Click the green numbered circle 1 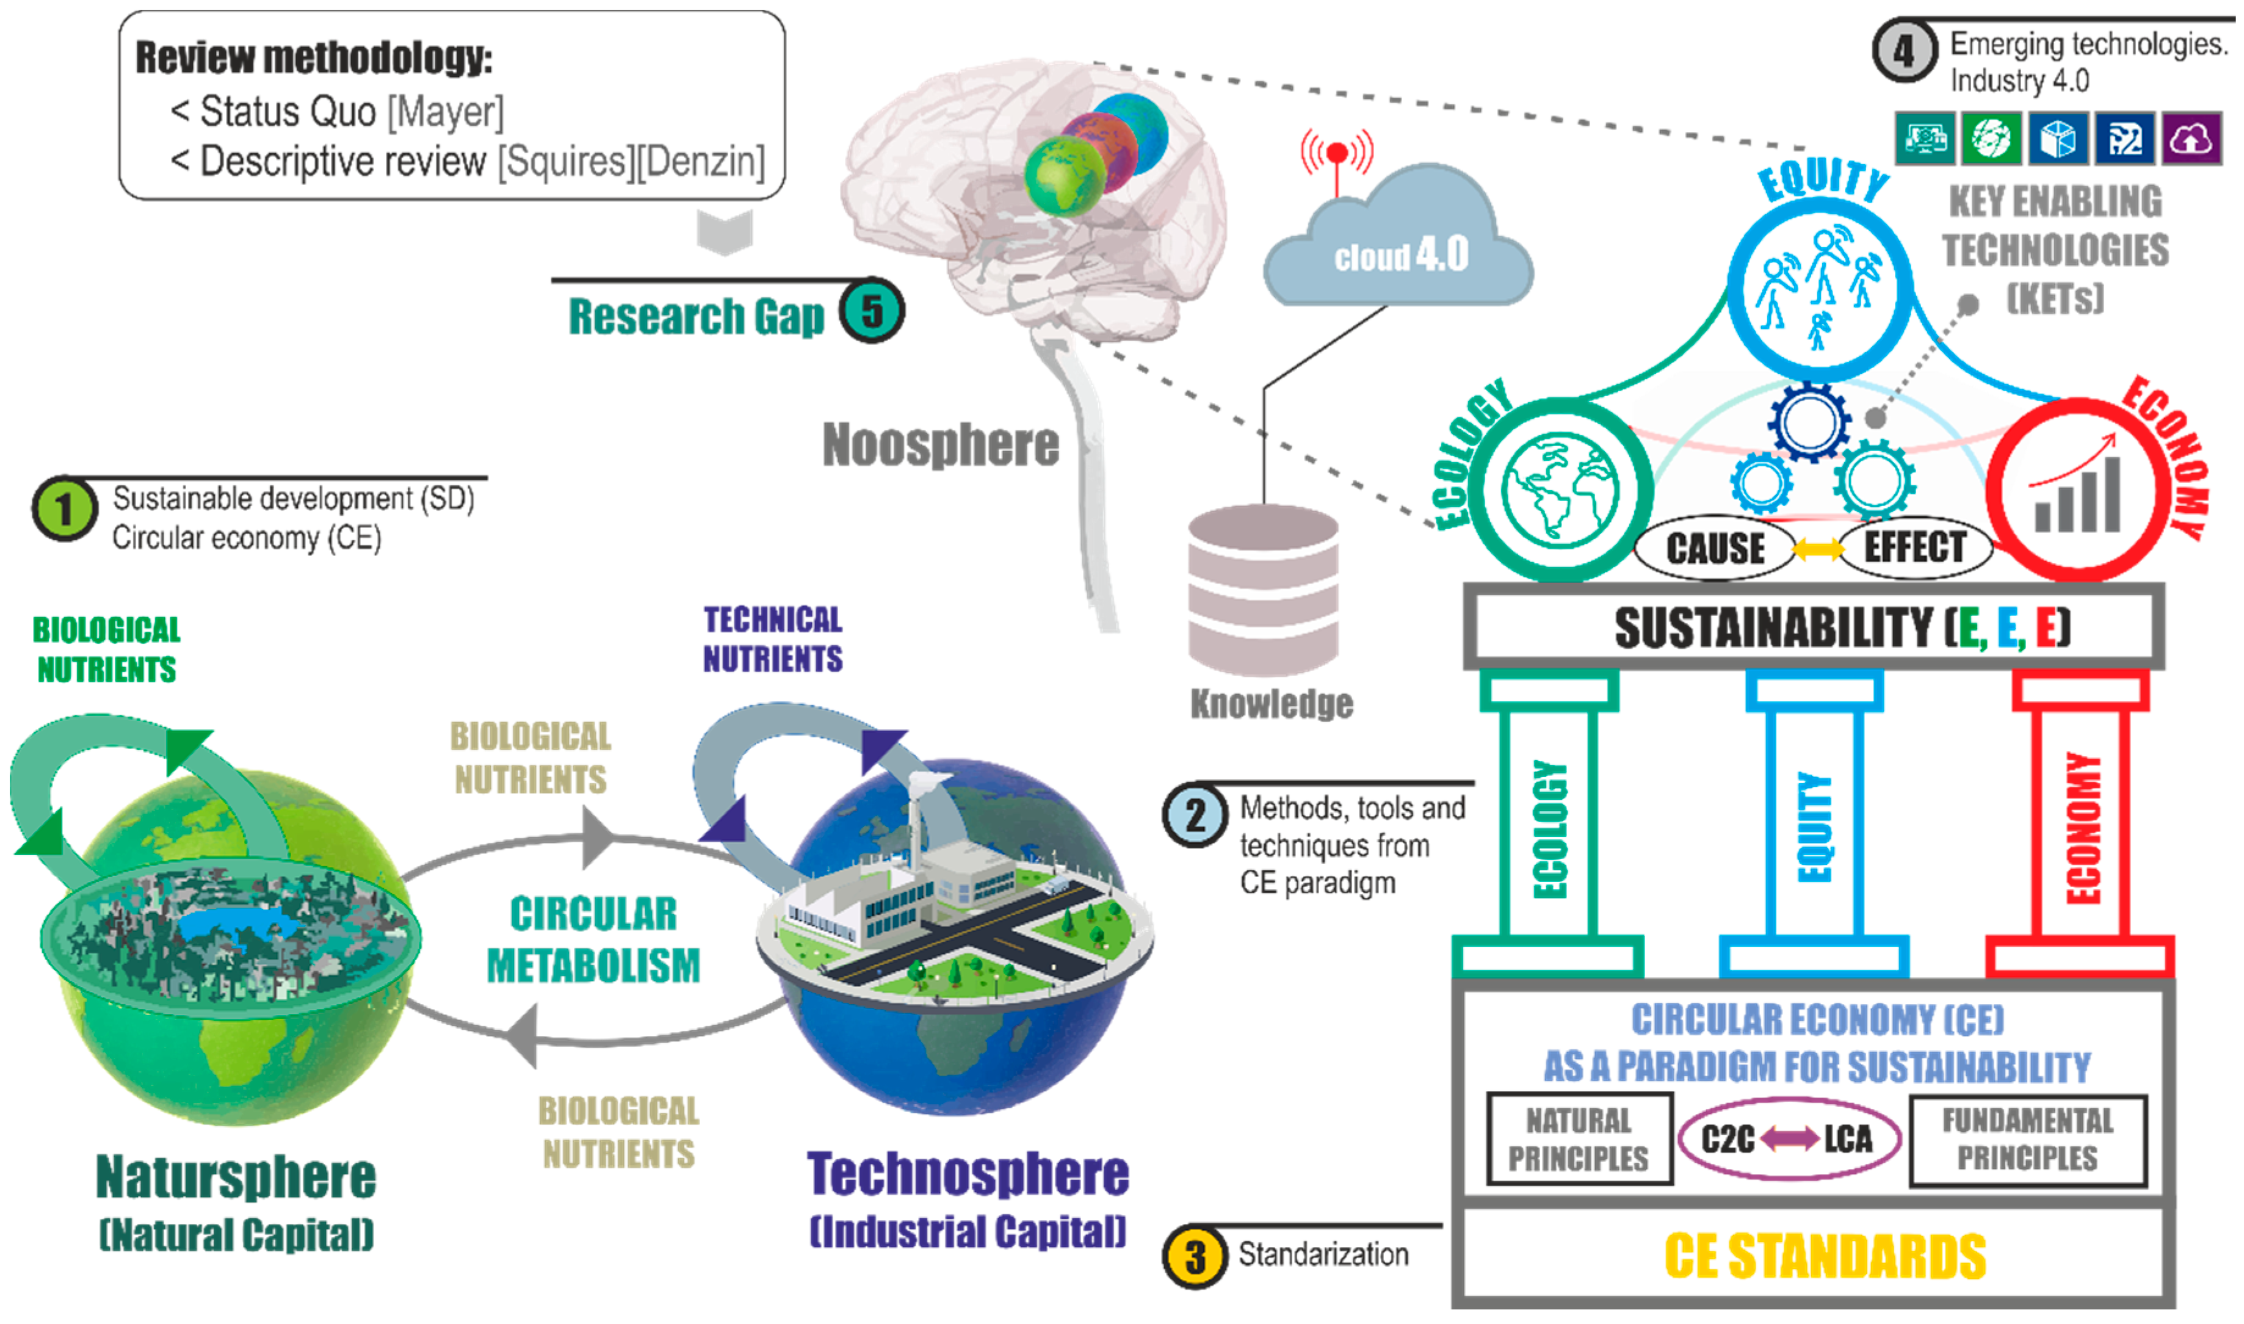pos(64,510)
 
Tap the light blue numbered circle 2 pos(1195,814)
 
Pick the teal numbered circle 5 pos(872,311)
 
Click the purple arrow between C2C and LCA pos(1789,1138)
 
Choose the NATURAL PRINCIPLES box pos(1579,1139)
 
